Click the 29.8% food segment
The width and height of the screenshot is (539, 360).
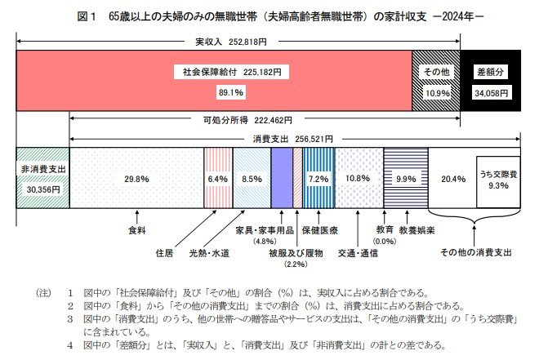pos(136,178)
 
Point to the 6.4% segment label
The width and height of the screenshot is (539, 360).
pos(218,178)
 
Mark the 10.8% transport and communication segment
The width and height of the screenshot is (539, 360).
pos(359,178)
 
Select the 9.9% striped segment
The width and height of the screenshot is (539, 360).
pos(406,178)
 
